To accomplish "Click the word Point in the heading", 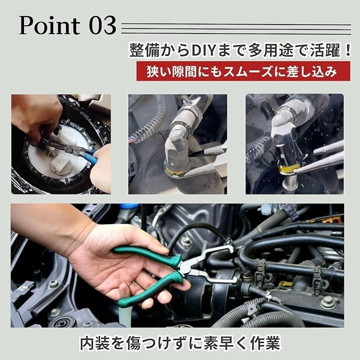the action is [x=49, y=25].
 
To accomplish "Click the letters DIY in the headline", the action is [x=202, y=50].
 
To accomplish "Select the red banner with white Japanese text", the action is [x=243, y=71].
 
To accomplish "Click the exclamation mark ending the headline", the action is [x=347, y=50].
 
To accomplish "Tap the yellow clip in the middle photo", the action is [x=174, y=171].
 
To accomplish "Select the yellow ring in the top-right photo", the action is [x=287, y=169].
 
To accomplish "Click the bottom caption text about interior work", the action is [x=180, y=343].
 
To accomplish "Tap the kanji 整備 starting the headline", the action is [x=144, y=50].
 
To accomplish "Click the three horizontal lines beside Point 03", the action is [x=236, y=29].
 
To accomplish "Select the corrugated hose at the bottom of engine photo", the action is [x=259, y=315].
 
